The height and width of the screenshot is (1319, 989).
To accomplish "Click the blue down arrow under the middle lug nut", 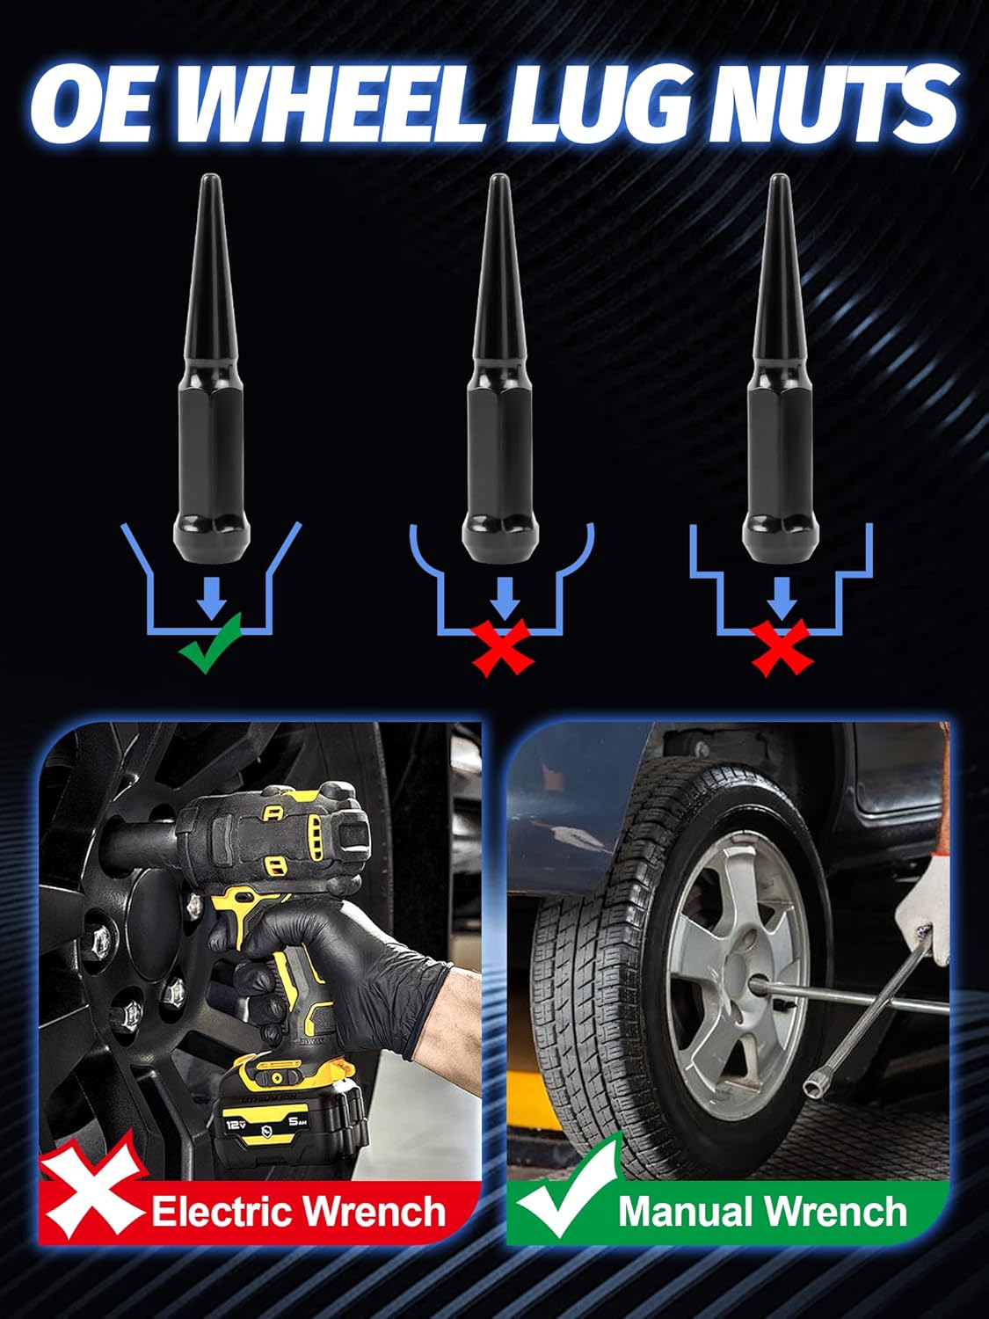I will point(503,594).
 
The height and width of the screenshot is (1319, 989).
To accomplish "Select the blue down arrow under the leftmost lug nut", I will point(211,594).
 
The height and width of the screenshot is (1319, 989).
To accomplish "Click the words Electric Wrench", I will point(299,1212).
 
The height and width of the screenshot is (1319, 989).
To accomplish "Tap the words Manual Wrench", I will point(761,1212).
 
